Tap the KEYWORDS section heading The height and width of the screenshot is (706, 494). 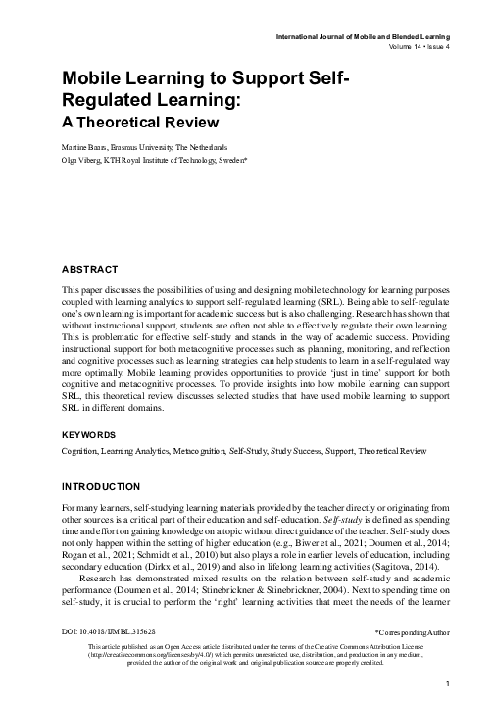coord(90,433)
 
